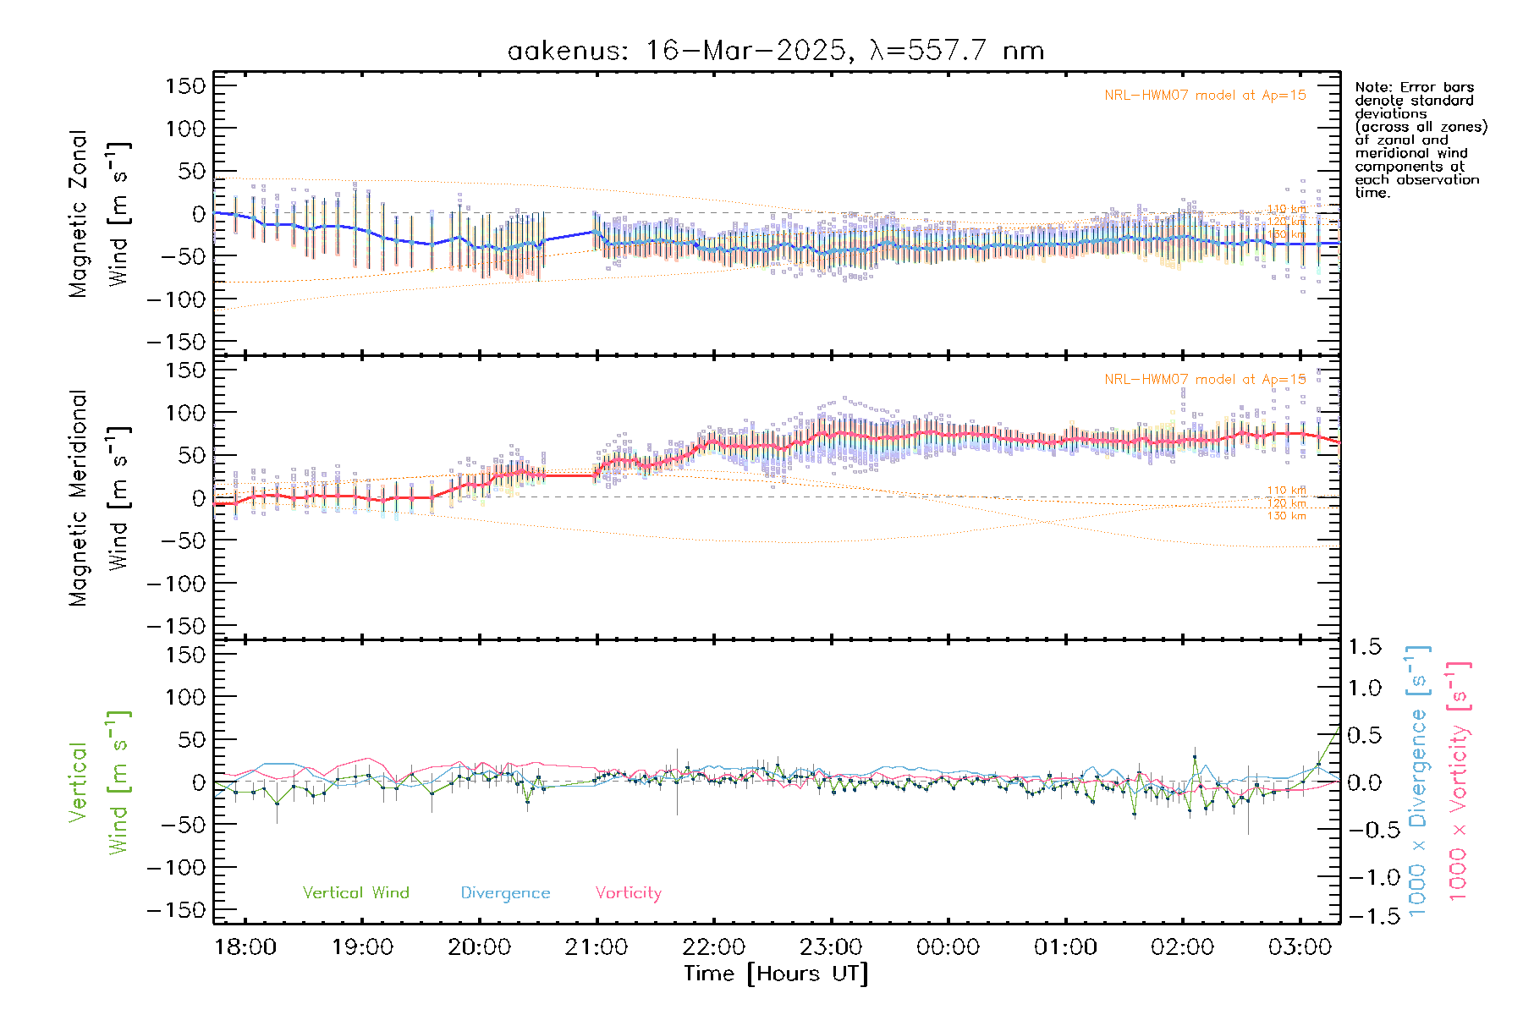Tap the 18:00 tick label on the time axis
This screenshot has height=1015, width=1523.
245,946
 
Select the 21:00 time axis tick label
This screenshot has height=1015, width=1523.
597,946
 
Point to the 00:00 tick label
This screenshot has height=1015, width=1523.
948,946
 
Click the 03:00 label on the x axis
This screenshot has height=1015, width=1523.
1300,946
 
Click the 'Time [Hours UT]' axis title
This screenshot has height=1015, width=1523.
776,974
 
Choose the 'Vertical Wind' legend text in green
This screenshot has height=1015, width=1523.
355,892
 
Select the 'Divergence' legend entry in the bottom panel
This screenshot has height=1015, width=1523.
505,892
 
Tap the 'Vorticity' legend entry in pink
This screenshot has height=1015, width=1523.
628,892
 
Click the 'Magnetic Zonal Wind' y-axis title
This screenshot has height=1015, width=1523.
99,213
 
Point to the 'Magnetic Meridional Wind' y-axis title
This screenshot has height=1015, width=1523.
99,497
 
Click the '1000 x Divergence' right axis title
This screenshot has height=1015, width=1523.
1417,782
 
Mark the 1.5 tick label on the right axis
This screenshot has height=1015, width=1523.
1365,647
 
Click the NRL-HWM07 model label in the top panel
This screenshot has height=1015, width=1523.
1205,96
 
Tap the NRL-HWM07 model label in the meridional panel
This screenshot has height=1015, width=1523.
1205,380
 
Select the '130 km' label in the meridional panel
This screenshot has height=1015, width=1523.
1286,516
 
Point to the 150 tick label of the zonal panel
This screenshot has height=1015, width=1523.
185,85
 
